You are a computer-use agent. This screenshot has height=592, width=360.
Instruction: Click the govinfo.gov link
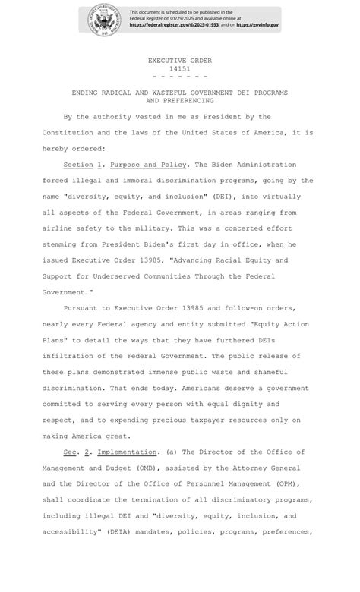pyautogui.click(x=259, y=25)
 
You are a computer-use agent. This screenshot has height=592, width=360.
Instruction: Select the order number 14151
pyautogui.click(x=179, y=69)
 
